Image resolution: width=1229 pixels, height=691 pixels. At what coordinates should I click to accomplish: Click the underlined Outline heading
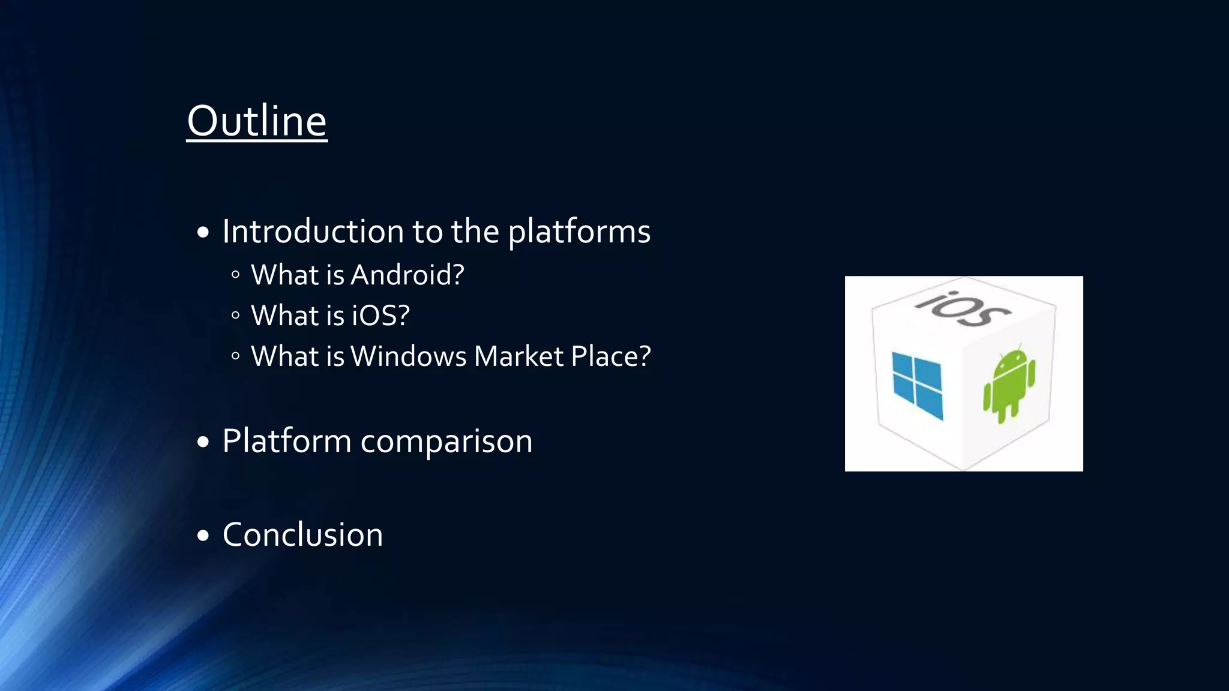[x=257, y=121]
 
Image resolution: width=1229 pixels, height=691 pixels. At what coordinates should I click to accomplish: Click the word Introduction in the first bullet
[x=313, y=232]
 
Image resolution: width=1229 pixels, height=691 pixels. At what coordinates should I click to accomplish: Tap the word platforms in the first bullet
[x=579, y=232]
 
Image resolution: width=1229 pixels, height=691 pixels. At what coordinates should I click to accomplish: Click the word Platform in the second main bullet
[x=286, y=441]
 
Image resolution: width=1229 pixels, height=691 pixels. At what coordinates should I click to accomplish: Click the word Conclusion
[x=302, y=534]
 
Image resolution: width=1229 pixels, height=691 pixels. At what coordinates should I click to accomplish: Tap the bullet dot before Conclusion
[x=203, y=536]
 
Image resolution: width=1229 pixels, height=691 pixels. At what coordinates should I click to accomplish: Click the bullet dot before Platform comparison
[x=203, y=443]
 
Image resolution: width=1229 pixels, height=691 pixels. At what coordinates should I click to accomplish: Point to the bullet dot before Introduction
[x=203, y=233]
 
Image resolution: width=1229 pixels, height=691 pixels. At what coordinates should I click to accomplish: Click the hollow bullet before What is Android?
[x=235, y=275]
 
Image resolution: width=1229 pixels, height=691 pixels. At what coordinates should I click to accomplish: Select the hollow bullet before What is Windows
[x=235, y=357]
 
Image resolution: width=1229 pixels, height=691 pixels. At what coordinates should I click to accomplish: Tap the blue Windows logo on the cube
[x=917, y=385]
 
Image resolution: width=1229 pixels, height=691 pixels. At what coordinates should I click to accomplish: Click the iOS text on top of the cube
[x=963, y=308]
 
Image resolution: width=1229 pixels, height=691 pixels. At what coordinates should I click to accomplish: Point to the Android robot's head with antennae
[x=1013, y=359]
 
